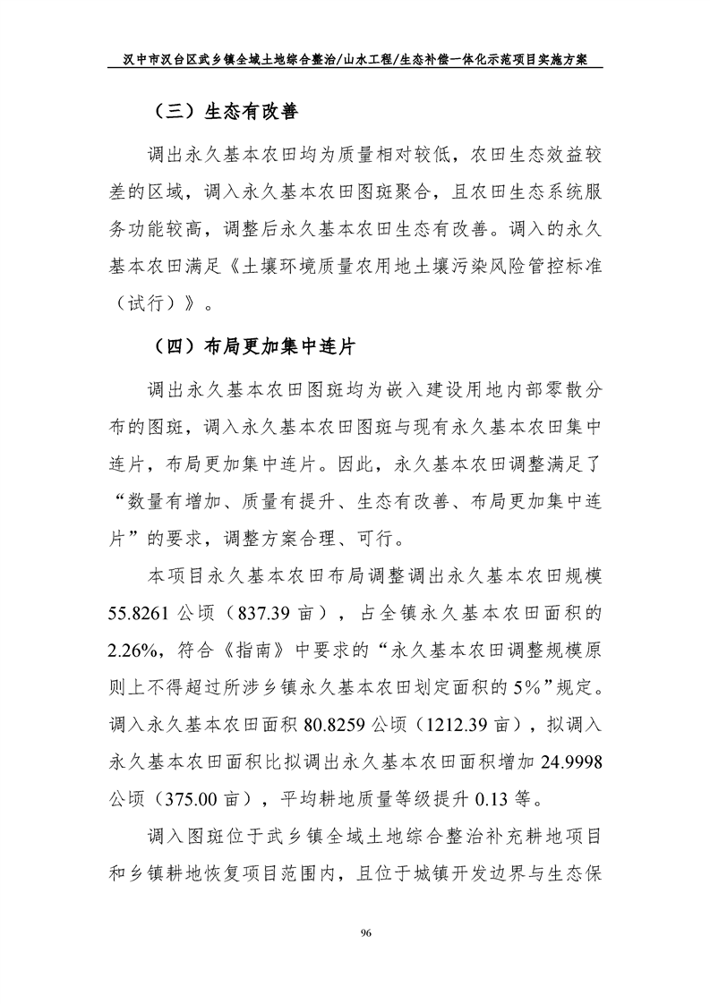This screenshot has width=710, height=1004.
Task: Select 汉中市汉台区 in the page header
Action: [x=156, y=60]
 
